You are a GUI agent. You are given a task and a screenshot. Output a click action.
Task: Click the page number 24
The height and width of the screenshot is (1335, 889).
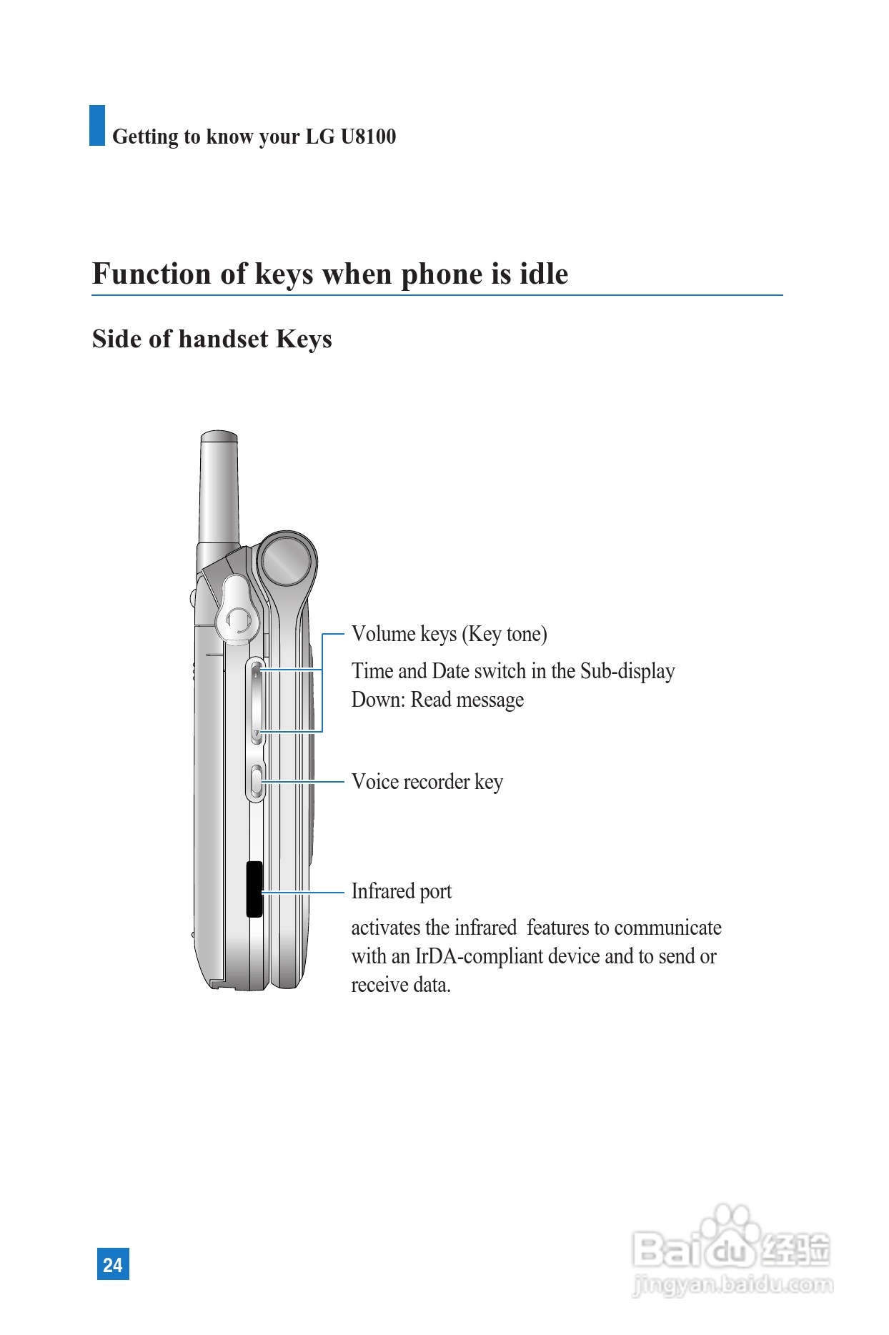(113, 1264)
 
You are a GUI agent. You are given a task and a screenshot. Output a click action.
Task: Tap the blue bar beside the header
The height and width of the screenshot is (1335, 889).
(97, 126)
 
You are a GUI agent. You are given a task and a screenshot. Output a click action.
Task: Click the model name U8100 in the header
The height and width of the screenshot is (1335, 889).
(368, 136)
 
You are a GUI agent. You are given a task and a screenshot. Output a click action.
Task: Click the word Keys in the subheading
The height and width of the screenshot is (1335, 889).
(304, 339)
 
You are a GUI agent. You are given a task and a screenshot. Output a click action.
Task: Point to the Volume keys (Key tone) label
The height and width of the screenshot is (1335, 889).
(449, 634)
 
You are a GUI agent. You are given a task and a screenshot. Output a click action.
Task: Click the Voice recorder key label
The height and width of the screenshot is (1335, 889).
(427, 782)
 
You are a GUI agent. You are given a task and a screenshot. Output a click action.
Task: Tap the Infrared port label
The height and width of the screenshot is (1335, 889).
(401, 891)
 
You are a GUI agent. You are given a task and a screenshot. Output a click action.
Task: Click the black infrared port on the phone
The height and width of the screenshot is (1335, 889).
(254, 889)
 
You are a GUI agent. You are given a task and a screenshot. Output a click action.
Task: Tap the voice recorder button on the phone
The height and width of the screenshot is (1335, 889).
(257, 782)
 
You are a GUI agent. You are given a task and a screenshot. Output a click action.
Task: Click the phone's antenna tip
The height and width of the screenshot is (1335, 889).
(219, 437)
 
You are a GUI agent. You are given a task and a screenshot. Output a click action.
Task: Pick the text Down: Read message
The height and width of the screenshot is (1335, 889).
(437, 700)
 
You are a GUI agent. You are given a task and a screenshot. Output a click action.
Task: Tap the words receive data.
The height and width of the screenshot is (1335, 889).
(400, 985)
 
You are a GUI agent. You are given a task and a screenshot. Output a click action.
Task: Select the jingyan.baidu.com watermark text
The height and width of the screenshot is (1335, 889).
(732, 1285)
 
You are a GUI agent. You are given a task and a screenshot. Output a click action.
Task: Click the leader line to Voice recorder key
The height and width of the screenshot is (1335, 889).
(304, 782)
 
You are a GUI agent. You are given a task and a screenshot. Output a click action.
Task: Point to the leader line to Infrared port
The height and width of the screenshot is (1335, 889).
(304, 893)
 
